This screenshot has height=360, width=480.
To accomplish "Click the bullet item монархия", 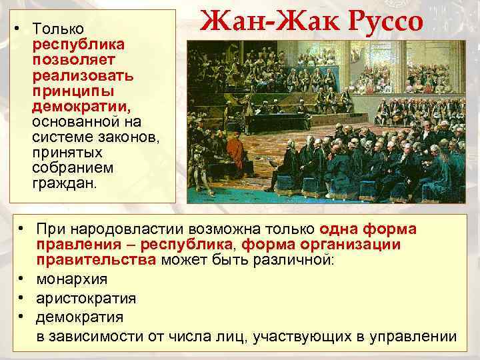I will (x=72, y=279).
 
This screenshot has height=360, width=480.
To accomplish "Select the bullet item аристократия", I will (x=86, y=298).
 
